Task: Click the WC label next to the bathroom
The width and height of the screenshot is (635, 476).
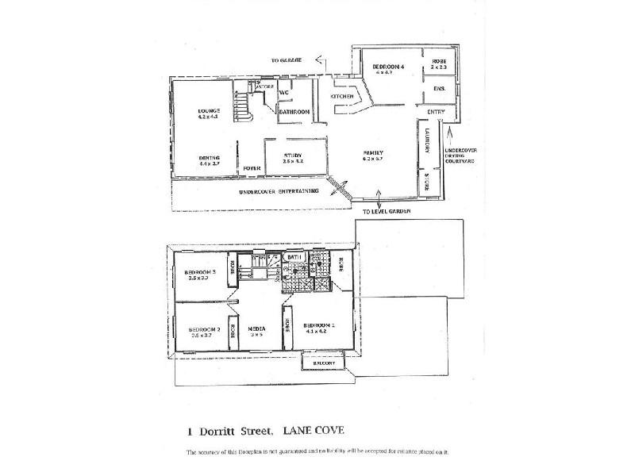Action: [x=283, y=93]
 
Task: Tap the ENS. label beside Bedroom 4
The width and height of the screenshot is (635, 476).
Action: [x=439, y=89]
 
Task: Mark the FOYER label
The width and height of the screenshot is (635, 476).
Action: [x=252, y=168]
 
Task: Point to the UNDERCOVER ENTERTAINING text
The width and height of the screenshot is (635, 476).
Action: [x=279, y=191]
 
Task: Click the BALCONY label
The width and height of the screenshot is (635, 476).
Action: [x=321, y=364]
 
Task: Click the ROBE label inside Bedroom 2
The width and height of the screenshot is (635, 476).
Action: [x=233, y=329]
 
